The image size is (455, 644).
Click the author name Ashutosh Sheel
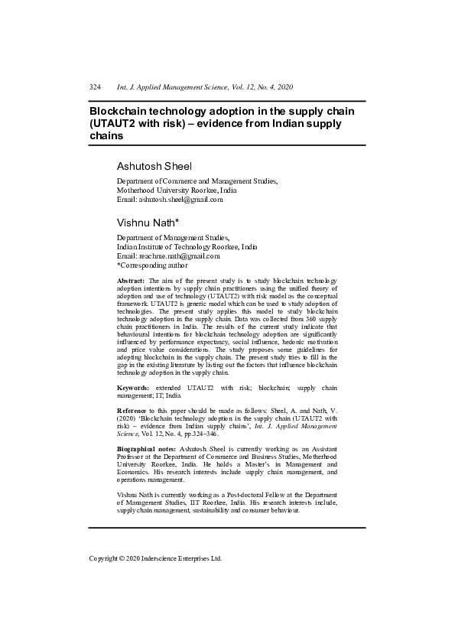tap(154, 166)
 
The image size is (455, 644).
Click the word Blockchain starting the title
tap(124, 111)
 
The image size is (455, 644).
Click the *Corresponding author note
tap(152, 265)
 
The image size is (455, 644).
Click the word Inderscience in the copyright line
tap(170, 558)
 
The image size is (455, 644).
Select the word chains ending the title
tap(107, 135)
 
